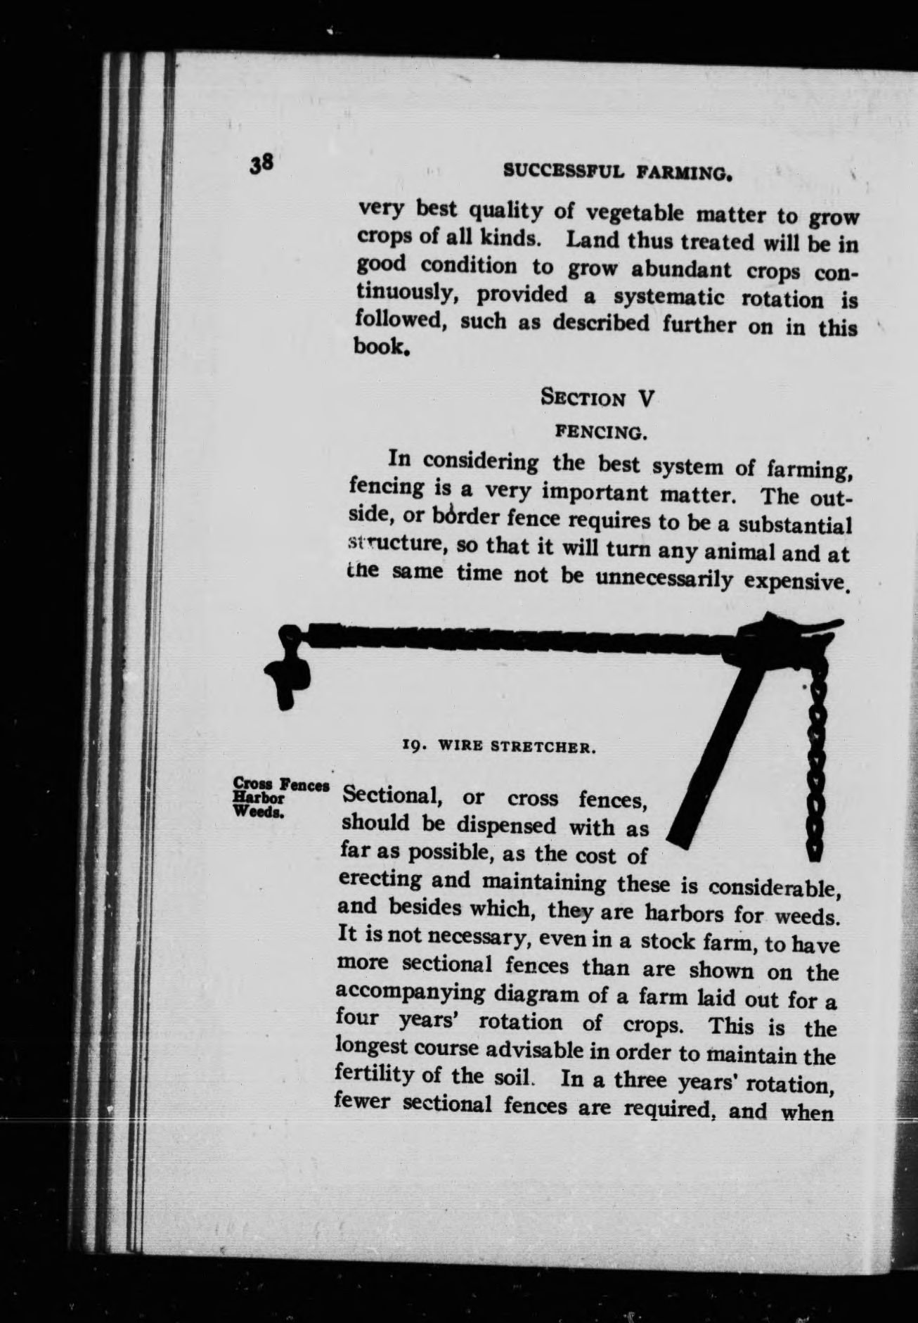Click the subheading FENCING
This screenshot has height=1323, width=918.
(x=601, y=432)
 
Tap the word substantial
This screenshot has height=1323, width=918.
(x=799, y=525)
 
